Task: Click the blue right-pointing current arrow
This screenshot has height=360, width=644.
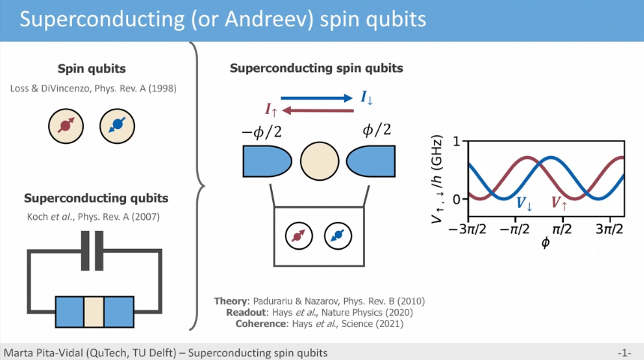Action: coord(316,97)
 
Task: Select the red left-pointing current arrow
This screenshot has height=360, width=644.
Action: coord(318,110)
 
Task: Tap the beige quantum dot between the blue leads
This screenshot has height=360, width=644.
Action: coord(319,161)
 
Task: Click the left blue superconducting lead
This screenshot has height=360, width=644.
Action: coord(267,161)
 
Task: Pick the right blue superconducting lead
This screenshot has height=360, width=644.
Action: coord(371,161)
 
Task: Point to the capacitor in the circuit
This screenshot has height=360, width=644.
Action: coord(92,250)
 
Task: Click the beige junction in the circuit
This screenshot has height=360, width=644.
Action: coord(94,312)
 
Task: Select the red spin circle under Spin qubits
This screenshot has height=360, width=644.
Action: coord(66,126)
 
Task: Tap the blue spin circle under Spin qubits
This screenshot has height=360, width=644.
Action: coord(117,126)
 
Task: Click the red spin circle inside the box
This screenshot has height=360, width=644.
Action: coord(299,236)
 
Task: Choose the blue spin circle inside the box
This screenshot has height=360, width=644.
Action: coord(338,236)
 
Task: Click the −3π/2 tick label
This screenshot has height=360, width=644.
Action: coord(467,229)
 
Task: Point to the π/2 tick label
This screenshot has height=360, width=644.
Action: coord(562,229)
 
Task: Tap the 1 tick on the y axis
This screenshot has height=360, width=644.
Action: coord(457,142)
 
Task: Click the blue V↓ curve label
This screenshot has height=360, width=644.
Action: coord(525,203)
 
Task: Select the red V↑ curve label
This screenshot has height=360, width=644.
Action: coord(559,203)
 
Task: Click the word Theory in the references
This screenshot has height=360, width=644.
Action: coord(232,301)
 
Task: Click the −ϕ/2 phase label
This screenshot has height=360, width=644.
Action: coord(262,132)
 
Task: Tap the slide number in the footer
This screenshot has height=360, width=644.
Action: coord(624,353)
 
